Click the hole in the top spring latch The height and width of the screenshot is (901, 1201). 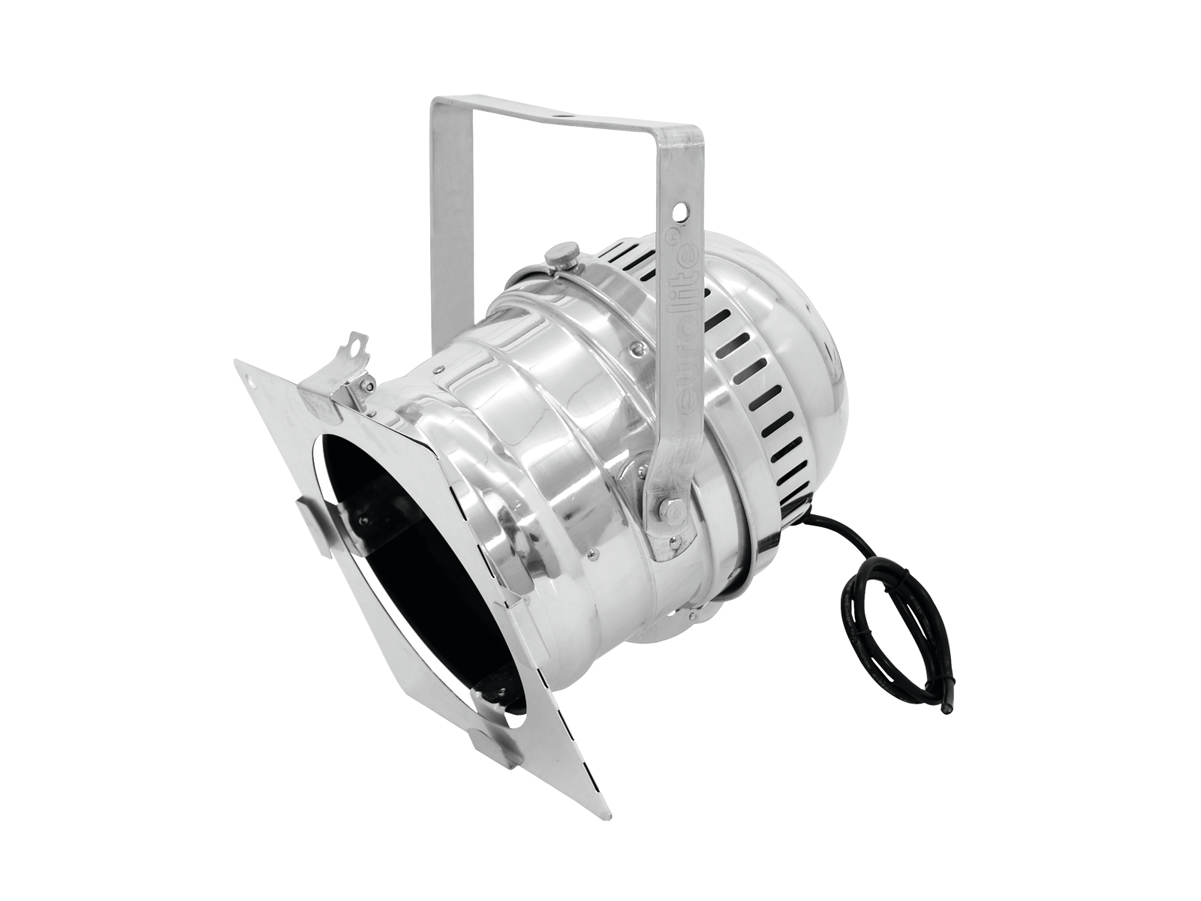[359, 344]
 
